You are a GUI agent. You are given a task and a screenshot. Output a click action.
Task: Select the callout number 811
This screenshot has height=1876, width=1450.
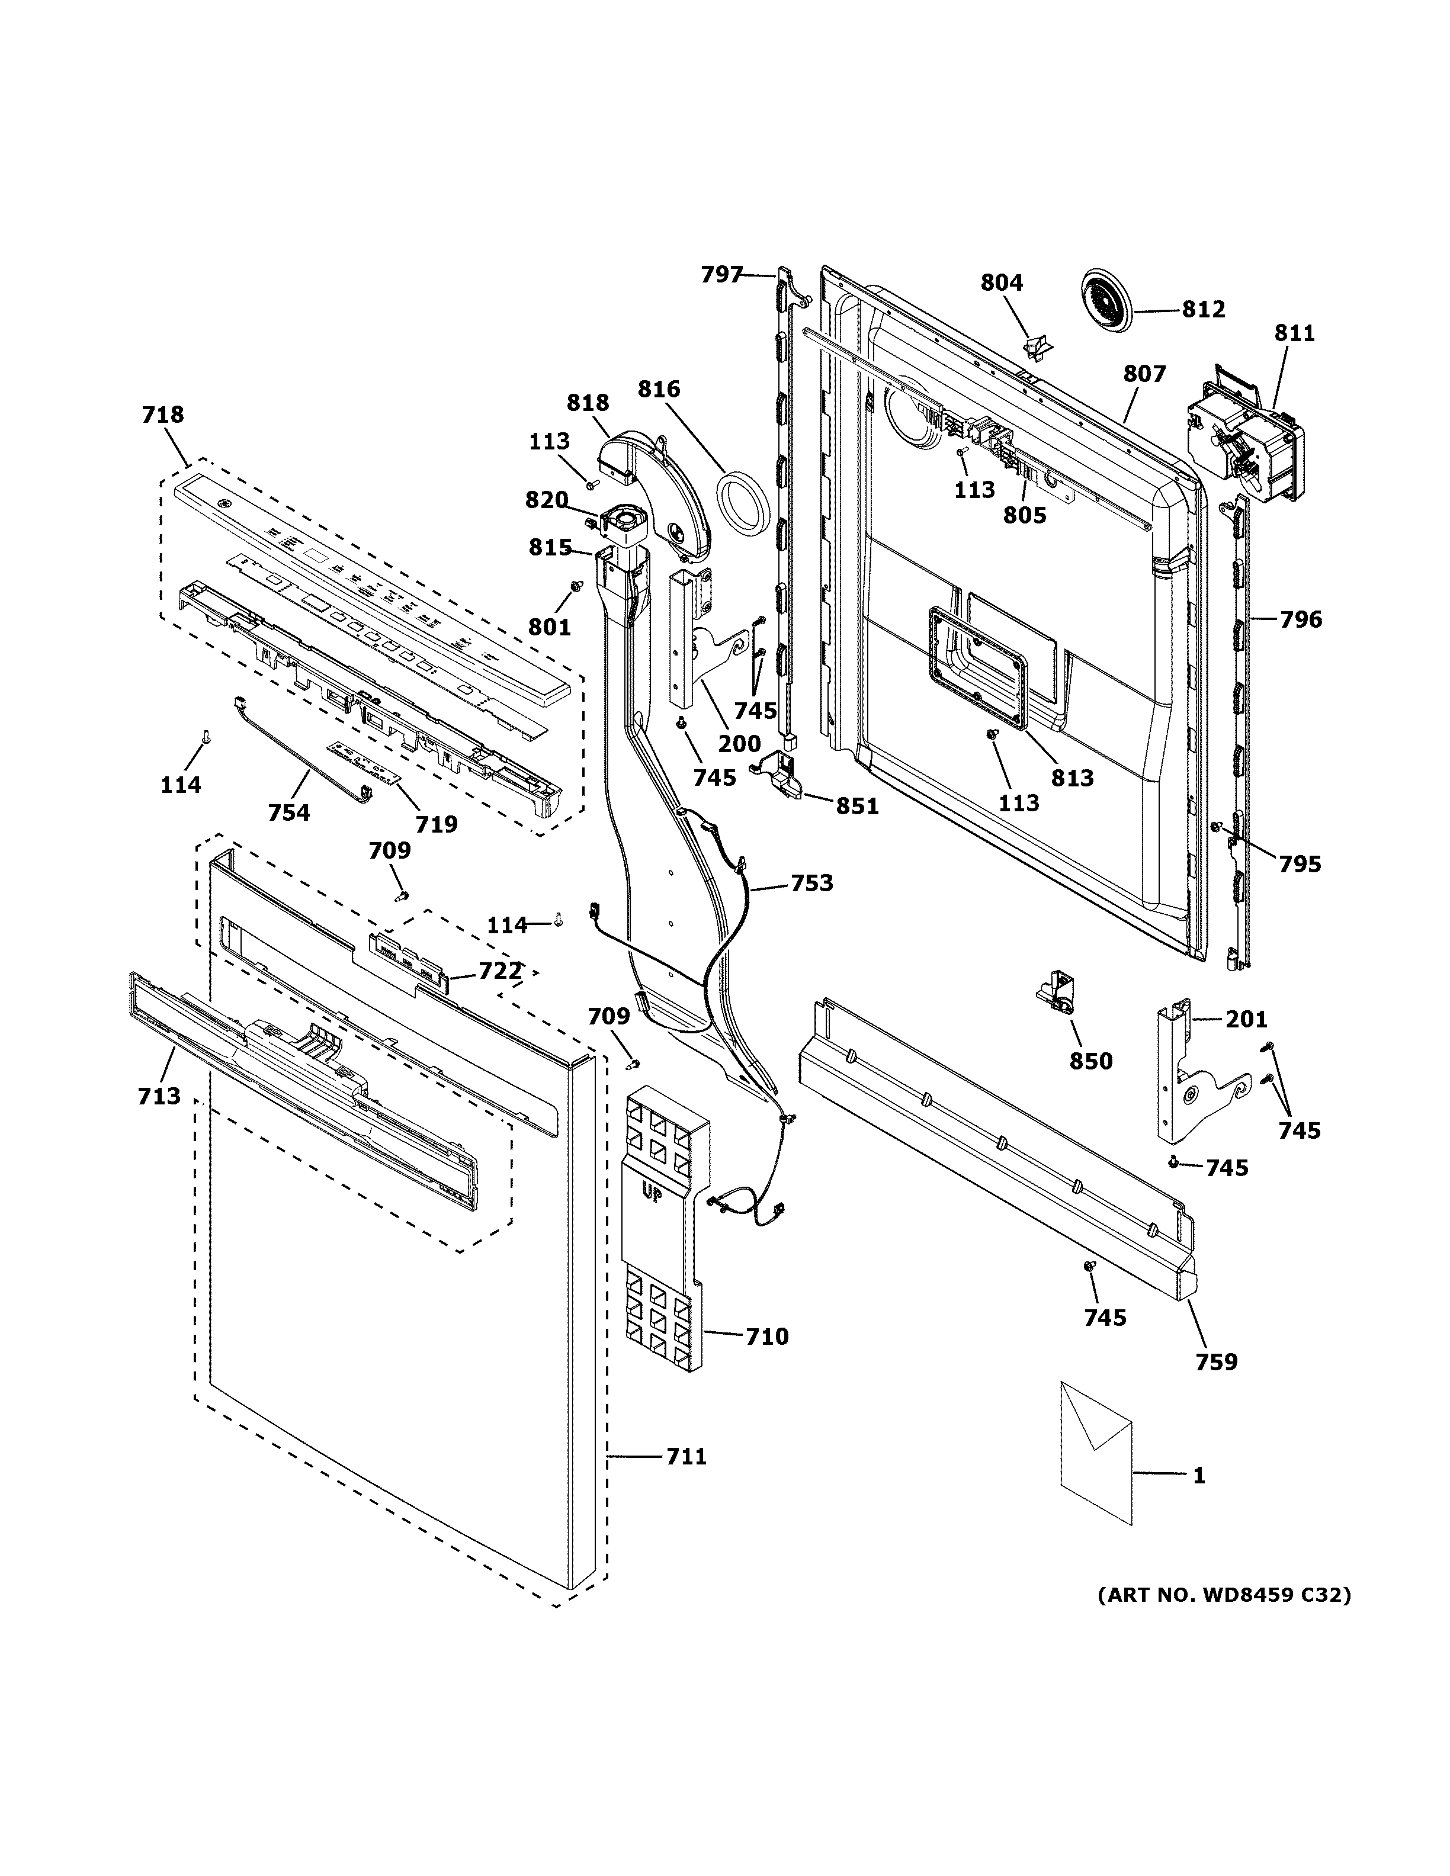1294,333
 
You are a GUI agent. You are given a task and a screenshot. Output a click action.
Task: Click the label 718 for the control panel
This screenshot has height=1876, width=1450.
162,415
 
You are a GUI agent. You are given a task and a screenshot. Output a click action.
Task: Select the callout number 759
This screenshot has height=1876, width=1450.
1217,1361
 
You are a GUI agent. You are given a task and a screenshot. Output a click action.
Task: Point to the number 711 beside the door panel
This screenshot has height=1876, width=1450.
685,1457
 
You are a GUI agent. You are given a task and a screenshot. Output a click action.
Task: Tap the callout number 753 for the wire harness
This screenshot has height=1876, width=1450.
811,883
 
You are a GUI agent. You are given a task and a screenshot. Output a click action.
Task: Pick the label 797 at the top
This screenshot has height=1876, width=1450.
721,275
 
